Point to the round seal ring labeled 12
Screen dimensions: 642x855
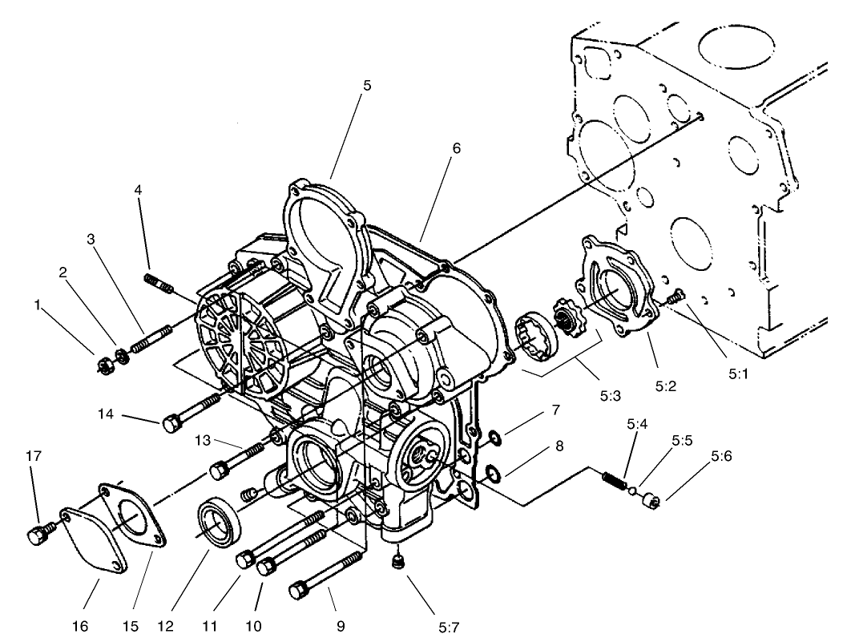pyautogui.click(x=217, y=525)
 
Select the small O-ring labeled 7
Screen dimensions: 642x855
pyautogui.click(x=494, y=438)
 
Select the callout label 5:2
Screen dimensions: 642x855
pyautogui.click(x=665, y=385)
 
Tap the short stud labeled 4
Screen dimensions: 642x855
pyautogui.click(x=156, y=283)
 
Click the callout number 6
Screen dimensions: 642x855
pyautogui.click(x=455, y=148)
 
